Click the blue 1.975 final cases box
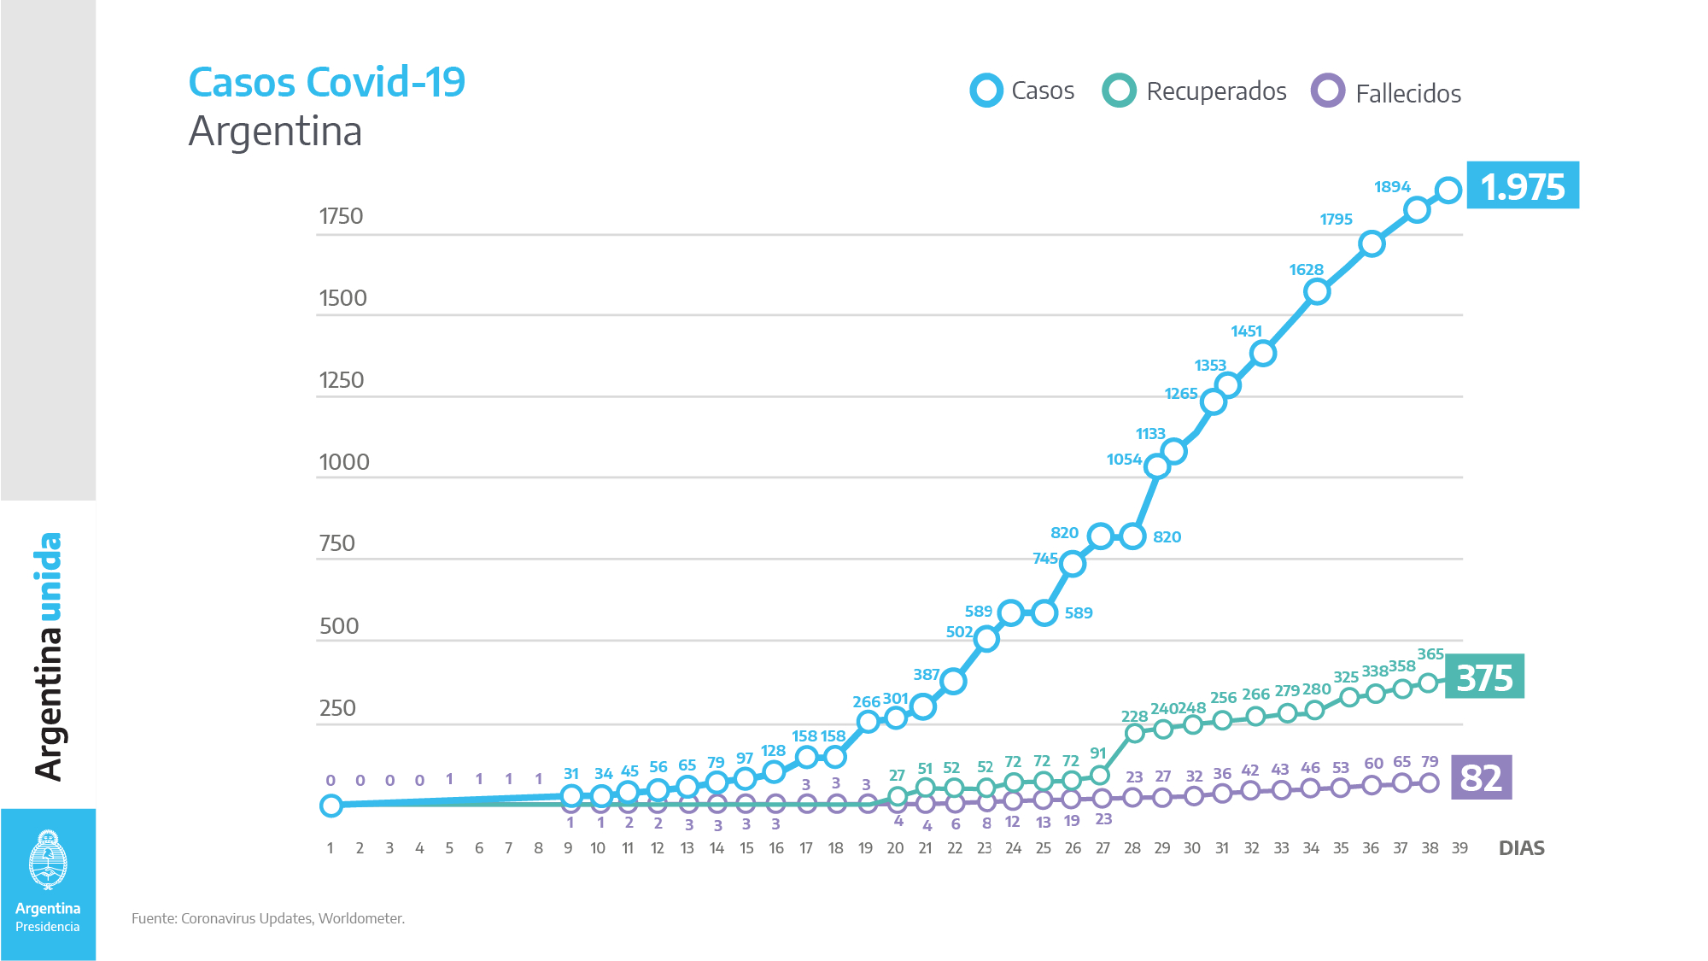(x=1523, y=185)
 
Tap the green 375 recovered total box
(x=1484, y=677)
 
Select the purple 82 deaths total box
(x=1481, y=777)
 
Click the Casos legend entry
(x=1023, y=91)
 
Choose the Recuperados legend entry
(x=1195, y=91)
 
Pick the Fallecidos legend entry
(x=1387, y=92)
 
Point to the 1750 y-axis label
(x=341, y=216)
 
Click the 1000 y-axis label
(x=343, y=462)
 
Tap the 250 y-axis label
(x=337, y=708)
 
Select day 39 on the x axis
(x=1459, y=848)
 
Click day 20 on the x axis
(x=895, y=848)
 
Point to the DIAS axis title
(x=1521, y=848)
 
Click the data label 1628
(x=1306, y=270)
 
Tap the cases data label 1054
(x=1124, y=460)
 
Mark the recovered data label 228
(x=1134, y=717)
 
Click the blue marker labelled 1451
(x=1263, y=353)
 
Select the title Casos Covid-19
(x=326, y=83)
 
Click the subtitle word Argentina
(x=275, y=132)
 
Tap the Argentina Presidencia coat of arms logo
(x=48, y=860)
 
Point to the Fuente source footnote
(x=268, y=918)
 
